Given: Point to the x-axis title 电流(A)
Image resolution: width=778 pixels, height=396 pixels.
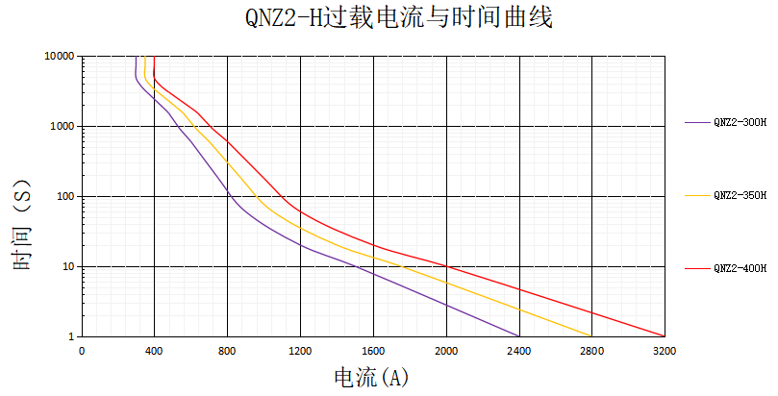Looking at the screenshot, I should [371, 377].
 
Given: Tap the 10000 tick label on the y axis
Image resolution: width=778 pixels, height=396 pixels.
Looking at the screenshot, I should [60, 57].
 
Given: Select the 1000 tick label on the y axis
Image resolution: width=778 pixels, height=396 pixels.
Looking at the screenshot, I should [63, 127].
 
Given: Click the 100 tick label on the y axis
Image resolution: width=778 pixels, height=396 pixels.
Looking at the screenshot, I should [66, 197].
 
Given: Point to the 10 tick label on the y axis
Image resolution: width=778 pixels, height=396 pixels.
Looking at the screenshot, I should [69, 267].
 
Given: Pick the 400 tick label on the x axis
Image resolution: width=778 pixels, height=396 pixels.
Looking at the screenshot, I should [154, 351].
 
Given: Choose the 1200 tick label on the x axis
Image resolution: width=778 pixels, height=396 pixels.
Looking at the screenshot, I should [300, 351].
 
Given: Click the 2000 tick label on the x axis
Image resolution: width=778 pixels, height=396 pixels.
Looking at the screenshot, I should [446, 351].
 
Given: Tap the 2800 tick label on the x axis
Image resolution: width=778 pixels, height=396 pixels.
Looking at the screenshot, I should [592, 351].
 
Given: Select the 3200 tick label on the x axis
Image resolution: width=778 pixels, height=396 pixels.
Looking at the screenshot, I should [665, 351].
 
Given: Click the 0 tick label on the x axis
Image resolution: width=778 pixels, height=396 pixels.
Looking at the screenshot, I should [82, 351].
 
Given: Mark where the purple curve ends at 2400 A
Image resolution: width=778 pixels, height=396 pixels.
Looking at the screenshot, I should [519, 336].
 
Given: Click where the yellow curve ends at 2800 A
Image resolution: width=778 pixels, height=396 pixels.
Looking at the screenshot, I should [591, 336].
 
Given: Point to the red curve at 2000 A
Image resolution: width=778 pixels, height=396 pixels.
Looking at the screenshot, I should [446, 266].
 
